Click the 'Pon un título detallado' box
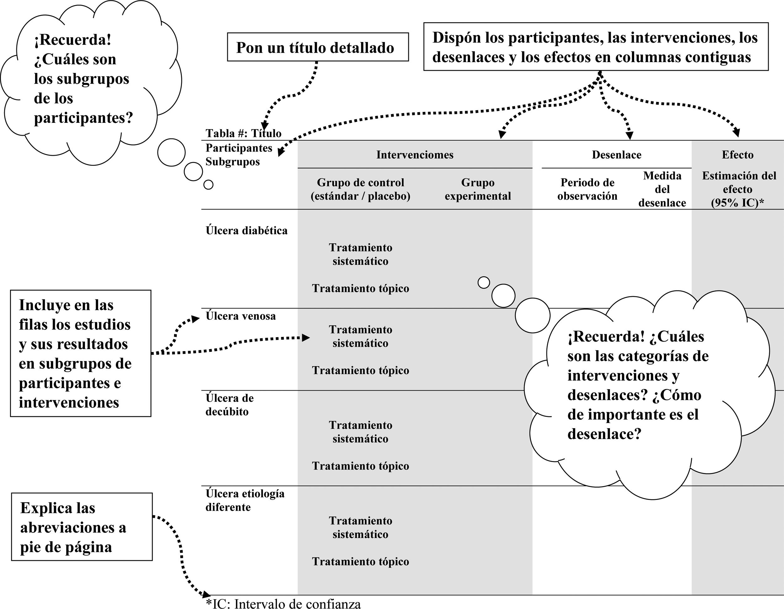318,47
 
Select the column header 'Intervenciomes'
415,155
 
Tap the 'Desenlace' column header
616,155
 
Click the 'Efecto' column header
737,155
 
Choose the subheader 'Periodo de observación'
587,189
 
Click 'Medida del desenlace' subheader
662,189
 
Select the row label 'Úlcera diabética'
246,230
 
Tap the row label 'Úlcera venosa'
241,316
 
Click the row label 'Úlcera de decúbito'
230,405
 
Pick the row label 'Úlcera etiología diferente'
245,500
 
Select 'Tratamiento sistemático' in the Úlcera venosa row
360,336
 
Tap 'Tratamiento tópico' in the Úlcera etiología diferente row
360,562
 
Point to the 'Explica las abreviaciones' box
82,527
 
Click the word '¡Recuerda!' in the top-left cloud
73,40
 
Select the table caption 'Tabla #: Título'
243,134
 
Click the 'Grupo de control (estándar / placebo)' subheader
360,189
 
